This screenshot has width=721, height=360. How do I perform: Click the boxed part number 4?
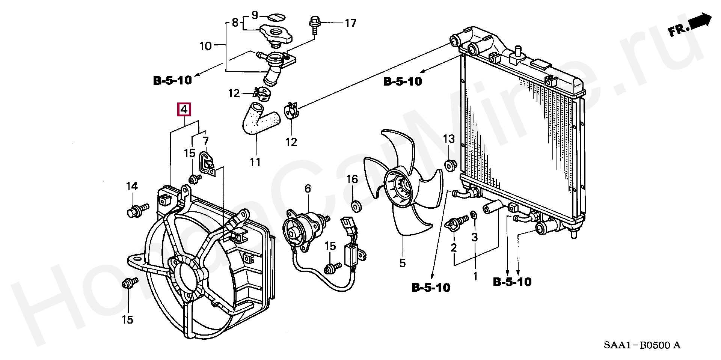(184, 110)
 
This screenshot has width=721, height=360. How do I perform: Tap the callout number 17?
(350, 23)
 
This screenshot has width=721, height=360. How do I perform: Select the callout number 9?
(255, 15)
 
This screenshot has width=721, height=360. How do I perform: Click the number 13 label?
(449, 139)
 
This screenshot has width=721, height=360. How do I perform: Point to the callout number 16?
(352, 179)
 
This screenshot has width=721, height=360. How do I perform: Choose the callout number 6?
(308, 188)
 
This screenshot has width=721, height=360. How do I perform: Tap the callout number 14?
(132, 186)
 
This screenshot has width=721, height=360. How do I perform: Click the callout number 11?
(255, 162)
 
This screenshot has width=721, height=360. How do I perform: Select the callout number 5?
(403, 263)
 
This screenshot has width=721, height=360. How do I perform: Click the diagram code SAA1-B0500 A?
(642, 345)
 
